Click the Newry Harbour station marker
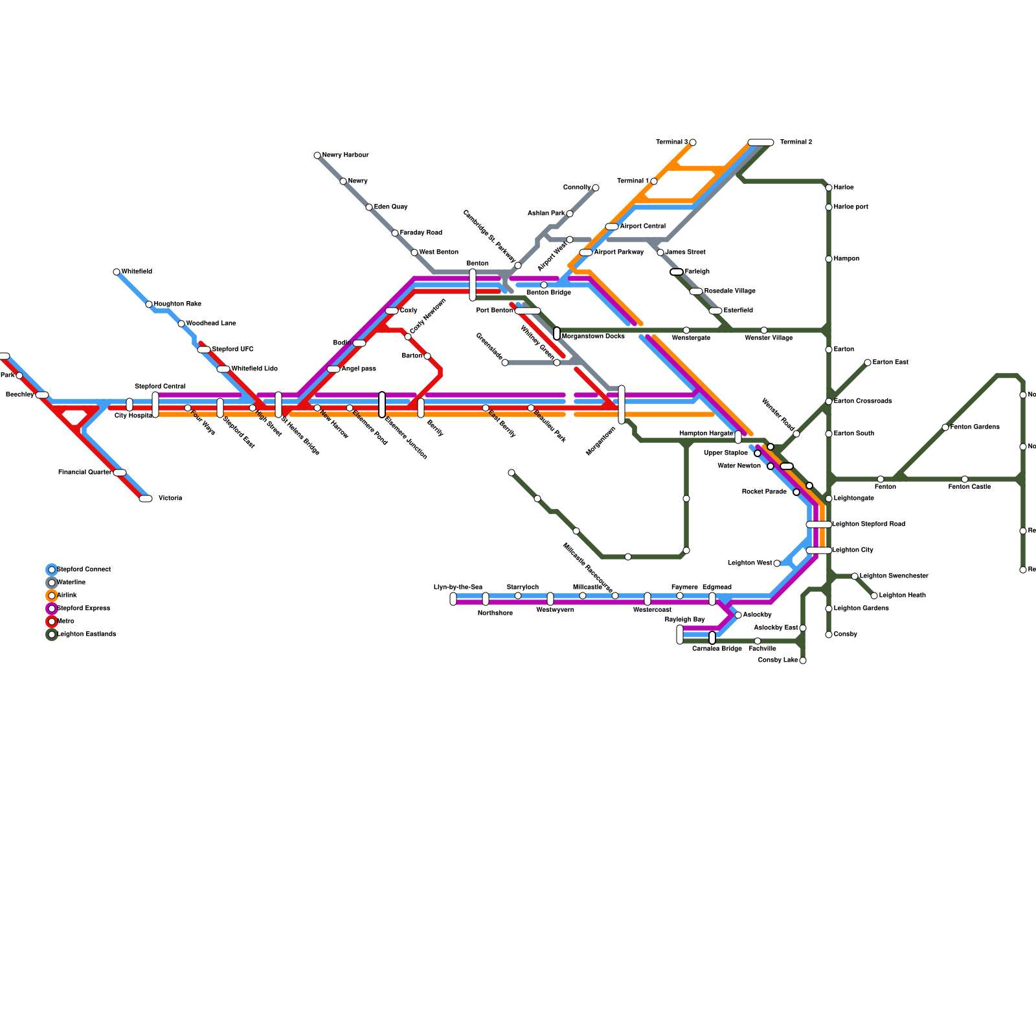pos(317,155)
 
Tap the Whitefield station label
pos(137,272)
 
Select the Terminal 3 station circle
pos(693,142)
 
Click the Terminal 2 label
pos(796,142)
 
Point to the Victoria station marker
pos(146,499)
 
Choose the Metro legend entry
pos(65,622)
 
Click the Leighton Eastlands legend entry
pos(87,635)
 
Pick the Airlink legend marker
pos(52,596)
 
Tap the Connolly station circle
pos(596,188)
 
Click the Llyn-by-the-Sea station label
pos(458,587)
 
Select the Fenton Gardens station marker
pos(945,427)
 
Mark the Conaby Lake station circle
pos(803,660)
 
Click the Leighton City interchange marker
pos(819,550)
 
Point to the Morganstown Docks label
pos(593,337)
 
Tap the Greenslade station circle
pos(505,363)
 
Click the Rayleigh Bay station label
pos(684,620)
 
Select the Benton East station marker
pos(868,363)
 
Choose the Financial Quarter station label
pos(84,473)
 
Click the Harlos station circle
pos(829,188)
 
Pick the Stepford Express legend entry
pos(83,609)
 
